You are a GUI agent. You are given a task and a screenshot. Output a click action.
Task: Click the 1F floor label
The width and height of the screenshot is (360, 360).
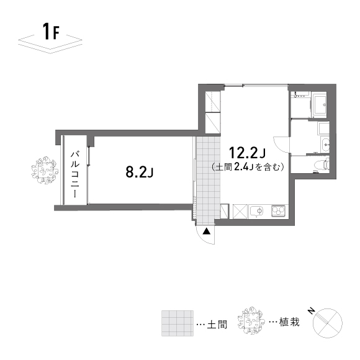(50, 32)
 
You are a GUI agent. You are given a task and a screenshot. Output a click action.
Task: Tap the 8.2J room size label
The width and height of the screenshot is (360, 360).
(139, 172)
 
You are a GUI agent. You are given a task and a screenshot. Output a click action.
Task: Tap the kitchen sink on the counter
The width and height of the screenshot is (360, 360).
(256, 211)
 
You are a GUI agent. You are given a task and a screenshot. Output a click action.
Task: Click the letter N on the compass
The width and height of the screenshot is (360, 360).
(312, 310)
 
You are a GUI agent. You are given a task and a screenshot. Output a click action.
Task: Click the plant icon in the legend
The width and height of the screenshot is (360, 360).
(253, 320)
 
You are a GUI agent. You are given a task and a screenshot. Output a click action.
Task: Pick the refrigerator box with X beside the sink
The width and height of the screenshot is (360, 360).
(238, 211)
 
